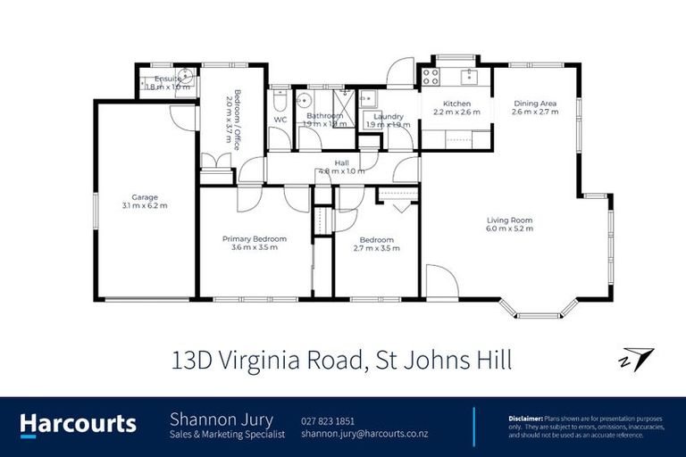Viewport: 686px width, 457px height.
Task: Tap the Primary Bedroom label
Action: click(x=255, y=238)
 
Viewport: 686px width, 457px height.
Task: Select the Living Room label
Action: click(x=510, y=220)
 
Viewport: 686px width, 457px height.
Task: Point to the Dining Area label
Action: click(x=536, y=103)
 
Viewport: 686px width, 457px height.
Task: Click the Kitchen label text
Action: click(x=456, y=104)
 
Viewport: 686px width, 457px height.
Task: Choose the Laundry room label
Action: click(x=389, y=116)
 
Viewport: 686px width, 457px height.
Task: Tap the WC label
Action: click(x=280, y=119)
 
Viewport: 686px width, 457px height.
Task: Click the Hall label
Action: click(x=342, y=162)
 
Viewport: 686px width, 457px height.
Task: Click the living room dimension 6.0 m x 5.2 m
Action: click(x=510, y=229)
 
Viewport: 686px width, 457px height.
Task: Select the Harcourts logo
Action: click(x=79, y=424)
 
